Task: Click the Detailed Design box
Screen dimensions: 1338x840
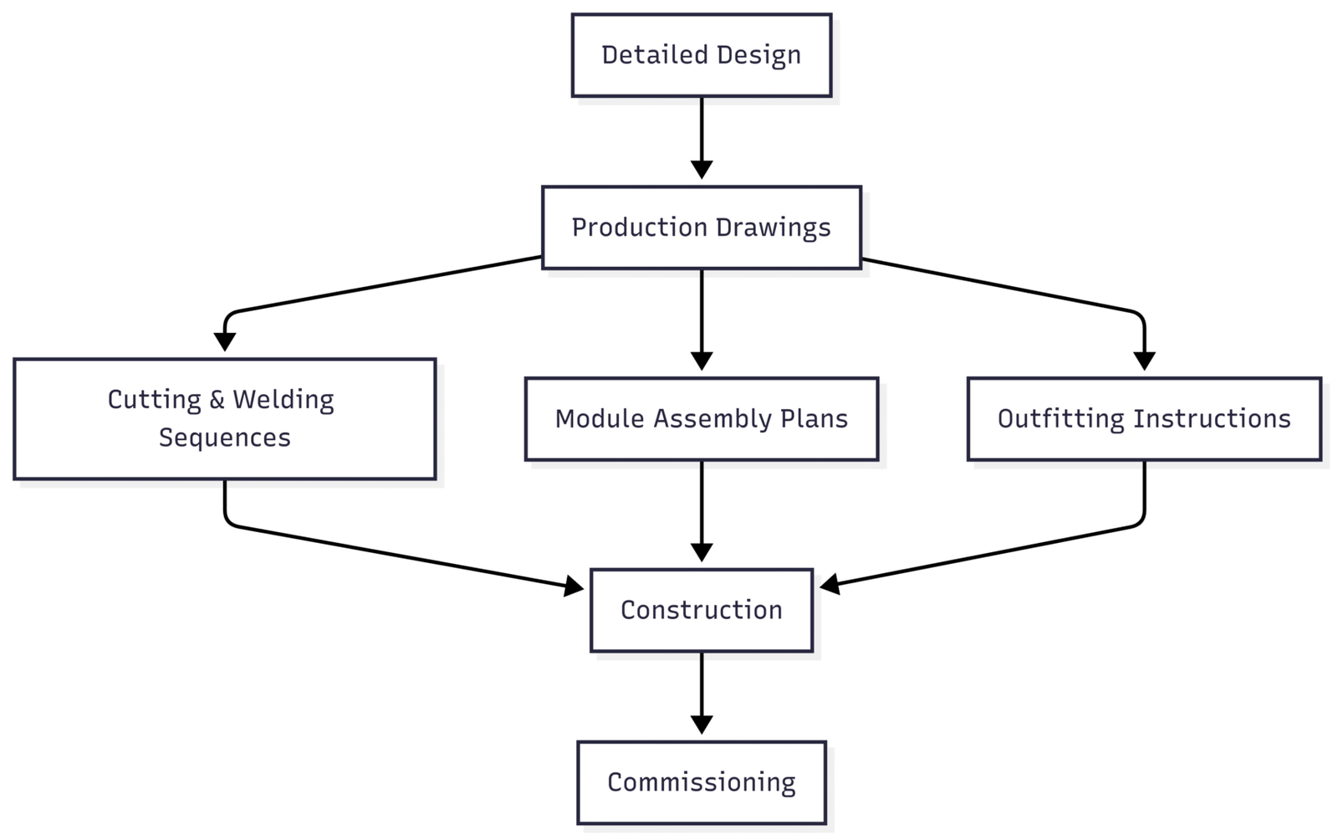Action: [x=702, y=55]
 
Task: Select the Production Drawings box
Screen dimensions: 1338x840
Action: [x=702, y=228]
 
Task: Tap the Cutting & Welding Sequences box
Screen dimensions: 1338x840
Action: [x=225, y=419]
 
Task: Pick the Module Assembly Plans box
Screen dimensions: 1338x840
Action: [x=702, y=419]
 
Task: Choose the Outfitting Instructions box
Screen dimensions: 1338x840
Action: [x=1144, y=419]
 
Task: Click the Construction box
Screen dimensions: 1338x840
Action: [x=702, y=610]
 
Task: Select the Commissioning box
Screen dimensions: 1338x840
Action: [x=702, y=782]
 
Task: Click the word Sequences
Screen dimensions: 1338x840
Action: [x=225, y=438]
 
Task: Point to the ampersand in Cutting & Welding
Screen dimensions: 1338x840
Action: [x=217, y=400]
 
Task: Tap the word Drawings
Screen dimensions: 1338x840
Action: [x=773, y=228]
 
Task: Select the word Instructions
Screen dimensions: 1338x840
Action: [x=1212, y=419]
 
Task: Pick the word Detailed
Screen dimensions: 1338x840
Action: [x=654, y=55]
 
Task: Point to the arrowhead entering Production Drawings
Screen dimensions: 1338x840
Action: [x=702, y=170]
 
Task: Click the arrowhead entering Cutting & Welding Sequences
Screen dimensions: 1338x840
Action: [x=225, y=341]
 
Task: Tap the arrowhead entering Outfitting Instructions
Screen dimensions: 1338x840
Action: [x=1144, y=361]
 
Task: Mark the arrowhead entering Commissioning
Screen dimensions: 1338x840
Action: [x=702, y=725]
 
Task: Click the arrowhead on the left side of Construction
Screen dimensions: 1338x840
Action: [x=574, y=586]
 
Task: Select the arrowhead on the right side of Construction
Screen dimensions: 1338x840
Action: [x=830, y=584]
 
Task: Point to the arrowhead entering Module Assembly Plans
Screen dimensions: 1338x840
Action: [x=702, y=361]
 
